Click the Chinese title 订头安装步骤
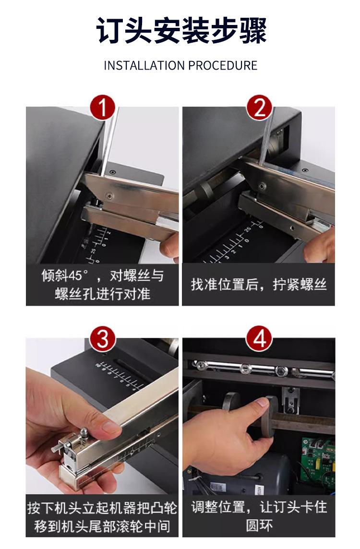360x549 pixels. pyautogui.click(x=181, y=31)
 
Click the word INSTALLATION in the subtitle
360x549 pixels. pyautogui.click(x=144, y=65)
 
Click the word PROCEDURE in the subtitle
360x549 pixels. pyautogui.click(x=223, y=65)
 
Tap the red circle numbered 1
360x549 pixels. pyautogui.click(x=103, y=107)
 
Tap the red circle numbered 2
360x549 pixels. pyautogui.click(x=259, y=107)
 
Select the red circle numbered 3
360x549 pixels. pyautogui.click(x=103, y=339)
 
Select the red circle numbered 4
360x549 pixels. pyautogui.click(x=259, y=339)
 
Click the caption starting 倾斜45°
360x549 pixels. pyautogui.click(x=102, y=285)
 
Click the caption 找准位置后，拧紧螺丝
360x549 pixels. pyautogui.click(x=259, y=284)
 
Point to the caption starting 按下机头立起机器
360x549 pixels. pyautogui.click(x=102, y=517)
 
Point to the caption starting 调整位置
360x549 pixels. pyautogui.click(x=259, y=516)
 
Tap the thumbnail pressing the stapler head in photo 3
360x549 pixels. pyautogui.click(x=111, y=427)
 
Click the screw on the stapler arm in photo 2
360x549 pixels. pyautogui.click(x=261, y=186)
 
